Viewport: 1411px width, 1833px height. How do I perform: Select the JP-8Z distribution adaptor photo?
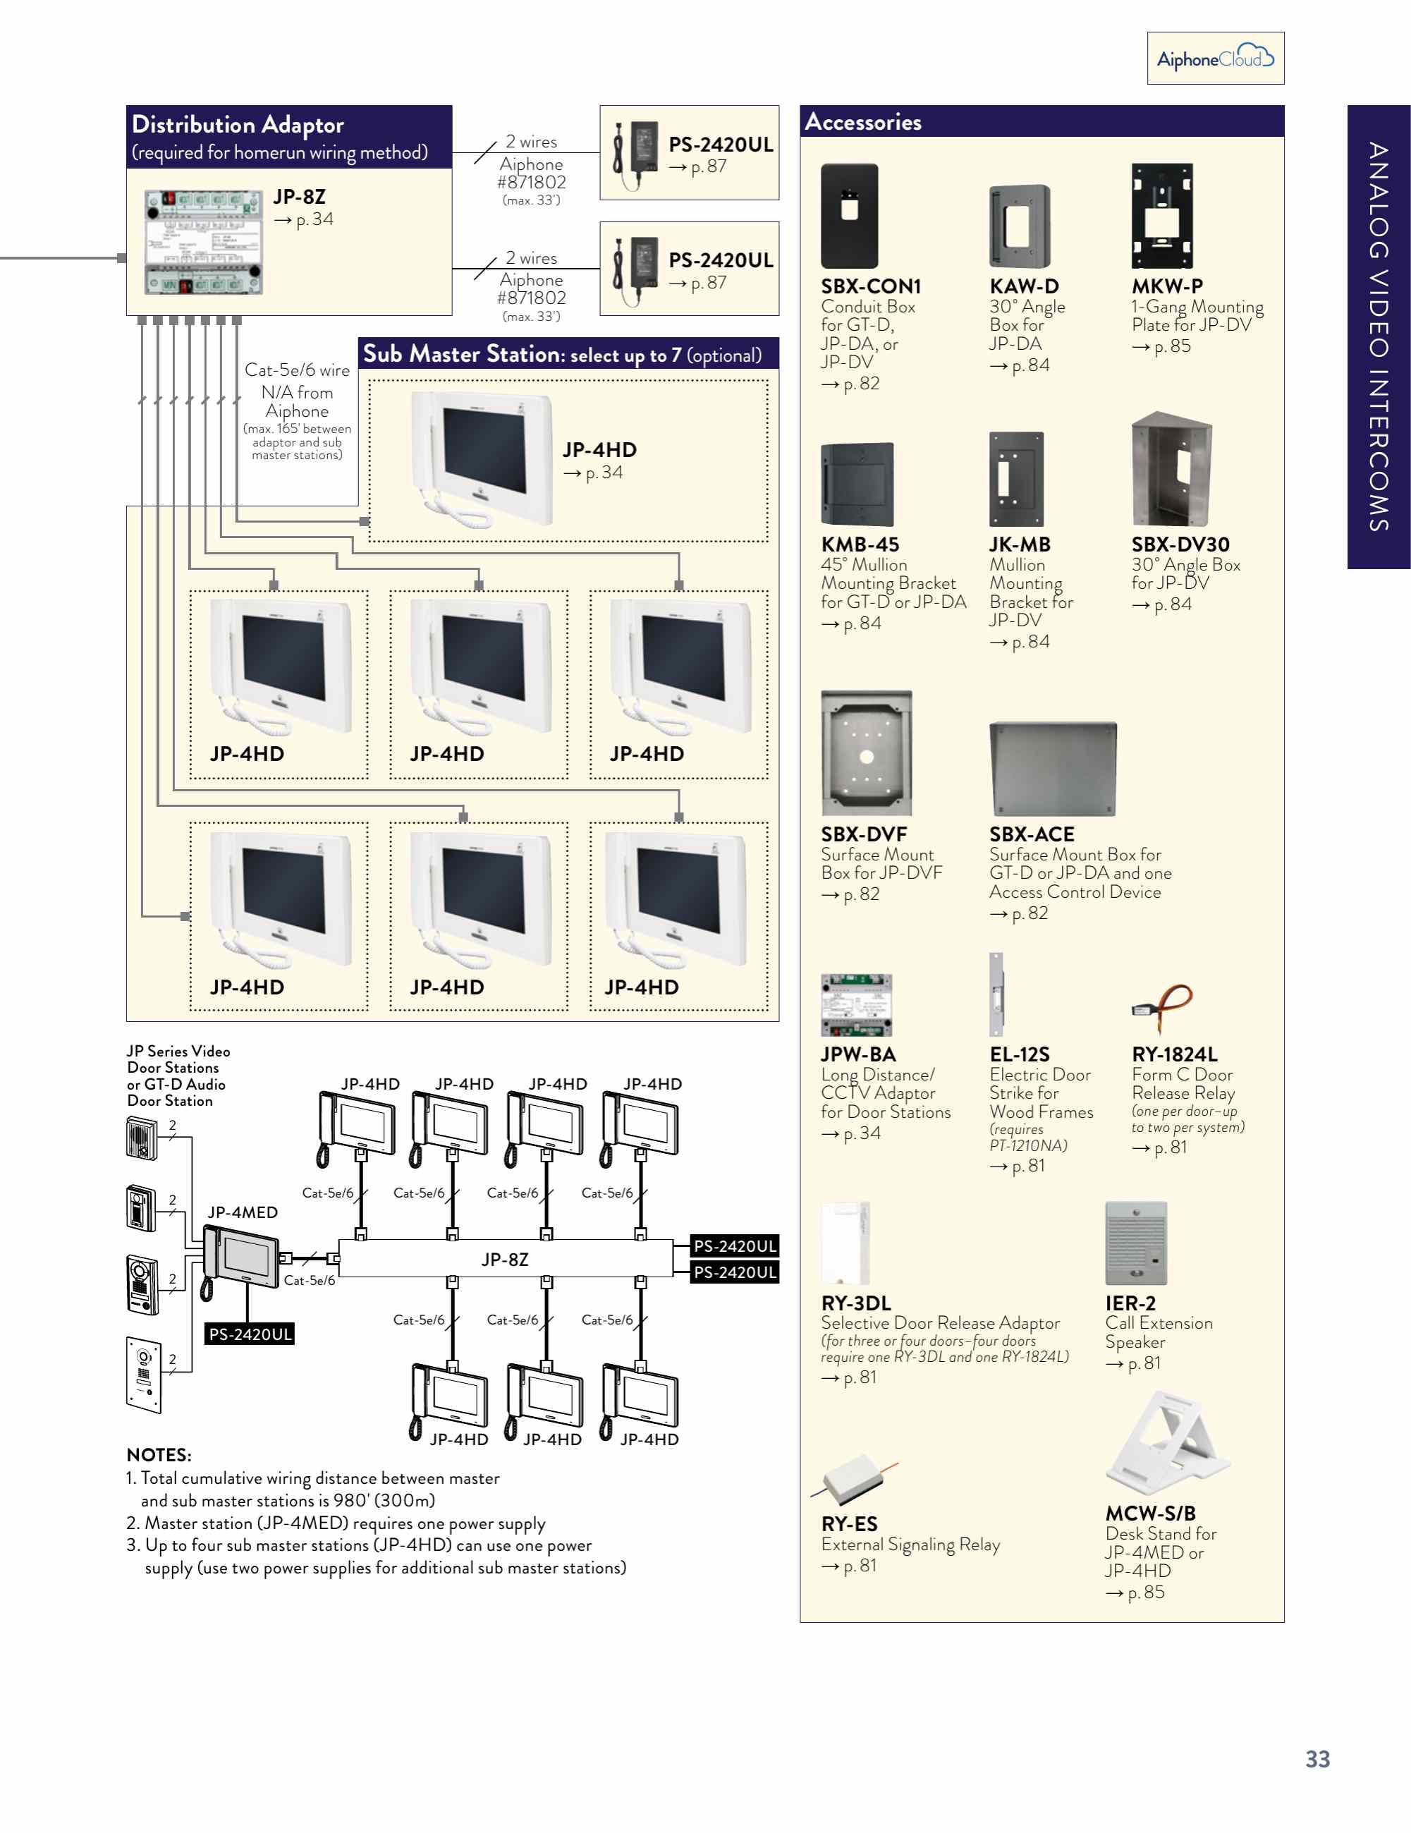[204, 243]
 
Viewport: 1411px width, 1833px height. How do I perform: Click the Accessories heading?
[863, 123]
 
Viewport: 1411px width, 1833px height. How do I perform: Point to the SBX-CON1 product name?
[870, 286]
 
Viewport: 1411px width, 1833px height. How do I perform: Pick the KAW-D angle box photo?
[1019, 226]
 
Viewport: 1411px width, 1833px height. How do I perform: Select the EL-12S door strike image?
[996, 994]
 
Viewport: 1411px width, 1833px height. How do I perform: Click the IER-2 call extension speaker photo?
[1136, 1243]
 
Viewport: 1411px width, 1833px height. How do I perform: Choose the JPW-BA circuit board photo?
[856, 1006]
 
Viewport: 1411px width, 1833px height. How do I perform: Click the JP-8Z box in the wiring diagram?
[506, 1258]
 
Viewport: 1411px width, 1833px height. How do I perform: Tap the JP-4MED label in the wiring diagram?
[243, 1212]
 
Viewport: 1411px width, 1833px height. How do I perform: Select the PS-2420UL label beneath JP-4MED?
[250, 1334]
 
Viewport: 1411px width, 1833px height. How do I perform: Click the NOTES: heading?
[159, 1454]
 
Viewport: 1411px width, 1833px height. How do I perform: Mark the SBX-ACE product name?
[1032, 834]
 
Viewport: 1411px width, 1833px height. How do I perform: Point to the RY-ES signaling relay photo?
[853, 1479]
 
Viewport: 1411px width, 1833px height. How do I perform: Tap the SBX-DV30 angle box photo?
[1171, 469]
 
